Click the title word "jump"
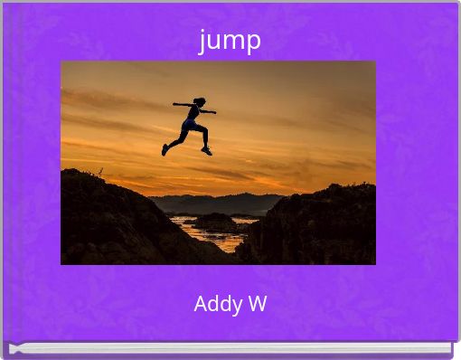(x=230, y=41)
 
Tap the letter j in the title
(x=202, y=42)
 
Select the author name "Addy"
(x=218, y=304)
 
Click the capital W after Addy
(x=258, y=303)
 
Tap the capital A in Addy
(x=201, y=304)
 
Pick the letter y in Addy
(x=238, y=306)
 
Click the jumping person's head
(x=200, y=101)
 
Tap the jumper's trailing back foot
(x=165, y=150)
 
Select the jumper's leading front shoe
(x=207, y=151)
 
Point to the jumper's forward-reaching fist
(x=214, y=112)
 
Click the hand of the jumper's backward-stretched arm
(x=174, y=104)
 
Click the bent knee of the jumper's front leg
(x=205, y=130)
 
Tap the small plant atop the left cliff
(x=100, y=172)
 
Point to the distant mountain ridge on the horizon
(x=217, y=202)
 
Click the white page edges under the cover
(x=230, y=348)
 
